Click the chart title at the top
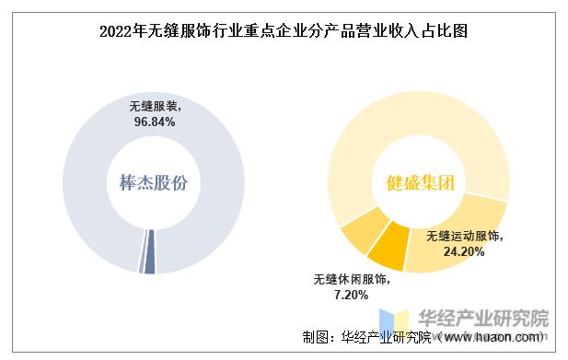pos(284,30)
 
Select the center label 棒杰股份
pos(153,182)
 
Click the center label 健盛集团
pos(418,182)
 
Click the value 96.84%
pos(153,121)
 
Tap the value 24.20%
pos(464,250)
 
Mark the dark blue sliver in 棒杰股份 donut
pos(149,263)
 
